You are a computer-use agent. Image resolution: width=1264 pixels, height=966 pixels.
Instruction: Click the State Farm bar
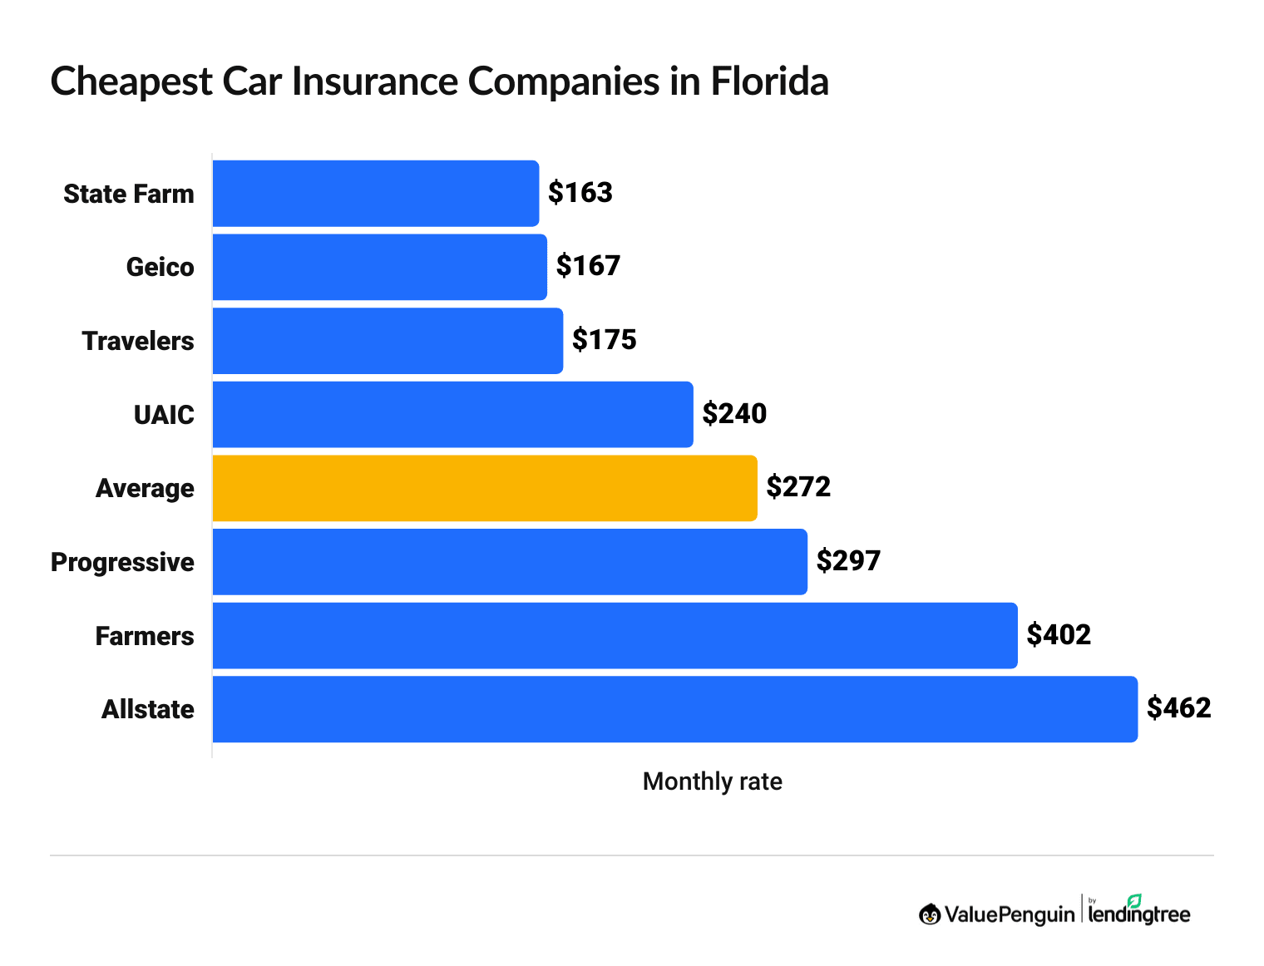pyautogui.click(x=375, y=194)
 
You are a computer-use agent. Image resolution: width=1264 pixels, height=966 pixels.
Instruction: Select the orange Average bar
pyautogui.click(x=485, y=488)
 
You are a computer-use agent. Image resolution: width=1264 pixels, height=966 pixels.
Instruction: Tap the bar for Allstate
pyautogui.click(x=674, y=709)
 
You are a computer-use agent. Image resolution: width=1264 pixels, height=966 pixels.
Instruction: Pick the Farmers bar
pyautogui.click(x=615, y=636)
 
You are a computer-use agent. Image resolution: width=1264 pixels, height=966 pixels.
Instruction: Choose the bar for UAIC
pyautogui.click(x=452, y=415)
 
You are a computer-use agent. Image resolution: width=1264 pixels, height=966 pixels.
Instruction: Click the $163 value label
pyautogui.click(x=580, y=193)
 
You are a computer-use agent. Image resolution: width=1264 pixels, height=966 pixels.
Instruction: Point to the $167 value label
pyautogui.click(x=589, y=266)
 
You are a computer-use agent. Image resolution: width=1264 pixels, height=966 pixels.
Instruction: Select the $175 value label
pyautogui.click(x=605, y=340)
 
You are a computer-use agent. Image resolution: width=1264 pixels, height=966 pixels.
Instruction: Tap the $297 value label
pyautogui.click(x=848, y=561)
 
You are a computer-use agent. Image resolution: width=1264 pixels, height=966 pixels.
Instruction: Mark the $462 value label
pyautogui.click(x=1178, y=708)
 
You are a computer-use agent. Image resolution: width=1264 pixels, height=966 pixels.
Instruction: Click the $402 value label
pyautogui.click(x=1059, y=635)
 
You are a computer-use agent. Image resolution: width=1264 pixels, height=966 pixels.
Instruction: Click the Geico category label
pyautogui.click(x=160, y=268)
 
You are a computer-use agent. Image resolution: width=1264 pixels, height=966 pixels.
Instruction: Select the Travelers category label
pyautogui.click(x=138, y=342)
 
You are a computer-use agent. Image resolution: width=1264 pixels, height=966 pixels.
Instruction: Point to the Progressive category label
pyautogui.click(x=122, y=563)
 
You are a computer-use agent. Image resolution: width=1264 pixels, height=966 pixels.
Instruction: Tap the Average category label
pyautogui.click(x=145, y=489)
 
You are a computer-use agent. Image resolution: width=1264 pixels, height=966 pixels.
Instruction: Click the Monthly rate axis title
pyautogui.click(x=712, y=782)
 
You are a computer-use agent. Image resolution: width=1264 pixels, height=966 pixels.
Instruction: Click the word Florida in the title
pyautogui.click(x=769, y=82)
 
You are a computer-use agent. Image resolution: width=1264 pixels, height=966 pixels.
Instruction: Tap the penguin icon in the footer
pyautogui.click(x=930, y=914)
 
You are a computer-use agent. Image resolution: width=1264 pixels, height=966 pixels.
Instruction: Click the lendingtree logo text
pyautogui.click(x=1138, y=915)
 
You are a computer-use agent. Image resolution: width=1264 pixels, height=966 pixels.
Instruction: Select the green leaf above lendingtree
pyautogui.click(x=1134, y=900)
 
